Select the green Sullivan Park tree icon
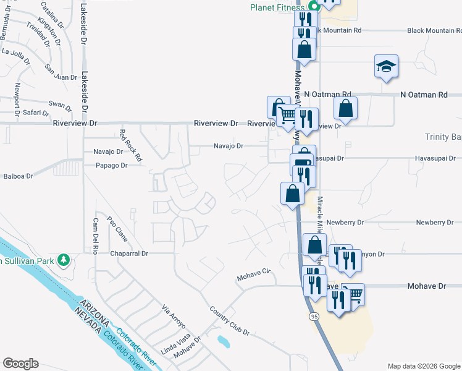[63, 260]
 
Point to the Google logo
[20, 363]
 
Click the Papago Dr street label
[111, 166]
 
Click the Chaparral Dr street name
[130, 254]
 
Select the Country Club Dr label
[229, 322]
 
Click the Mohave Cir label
[254, 275]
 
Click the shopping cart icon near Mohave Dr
[353, 294]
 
